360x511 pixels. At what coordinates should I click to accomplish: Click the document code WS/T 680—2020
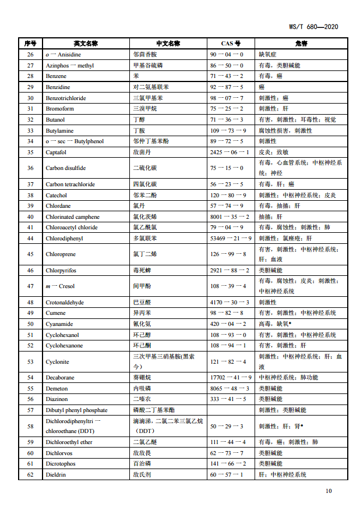[313, 27]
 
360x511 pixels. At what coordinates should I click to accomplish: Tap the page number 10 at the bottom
[329, 491]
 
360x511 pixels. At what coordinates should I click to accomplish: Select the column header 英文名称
[86, 44]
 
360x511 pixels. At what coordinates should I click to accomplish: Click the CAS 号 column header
[231, 44]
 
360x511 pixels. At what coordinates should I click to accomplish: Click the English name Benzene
[56, 76]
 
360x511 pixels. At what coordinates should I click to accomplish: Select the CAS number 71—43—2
[227, 76]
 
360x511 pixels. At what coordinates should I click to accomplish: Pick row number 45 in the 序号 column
[30, 254]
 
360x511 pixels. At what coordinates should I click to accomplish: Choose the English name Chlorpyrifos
[61, 271]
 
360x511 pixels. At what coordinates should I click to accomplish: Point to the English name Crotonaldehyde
[65, 303]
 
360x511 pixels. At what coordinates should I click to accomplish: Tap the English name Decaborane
[60, 378]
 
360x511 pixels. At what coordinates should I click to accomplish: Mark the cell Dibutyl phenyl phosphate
[77, 410]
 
